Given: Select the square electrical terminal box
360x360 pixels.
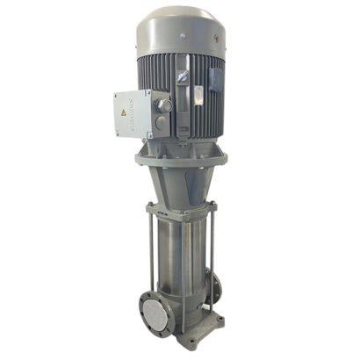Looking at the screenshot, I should coord(133,115).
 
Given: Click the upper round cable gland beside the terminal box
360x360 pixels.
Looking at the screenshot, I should coord(164,104).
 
